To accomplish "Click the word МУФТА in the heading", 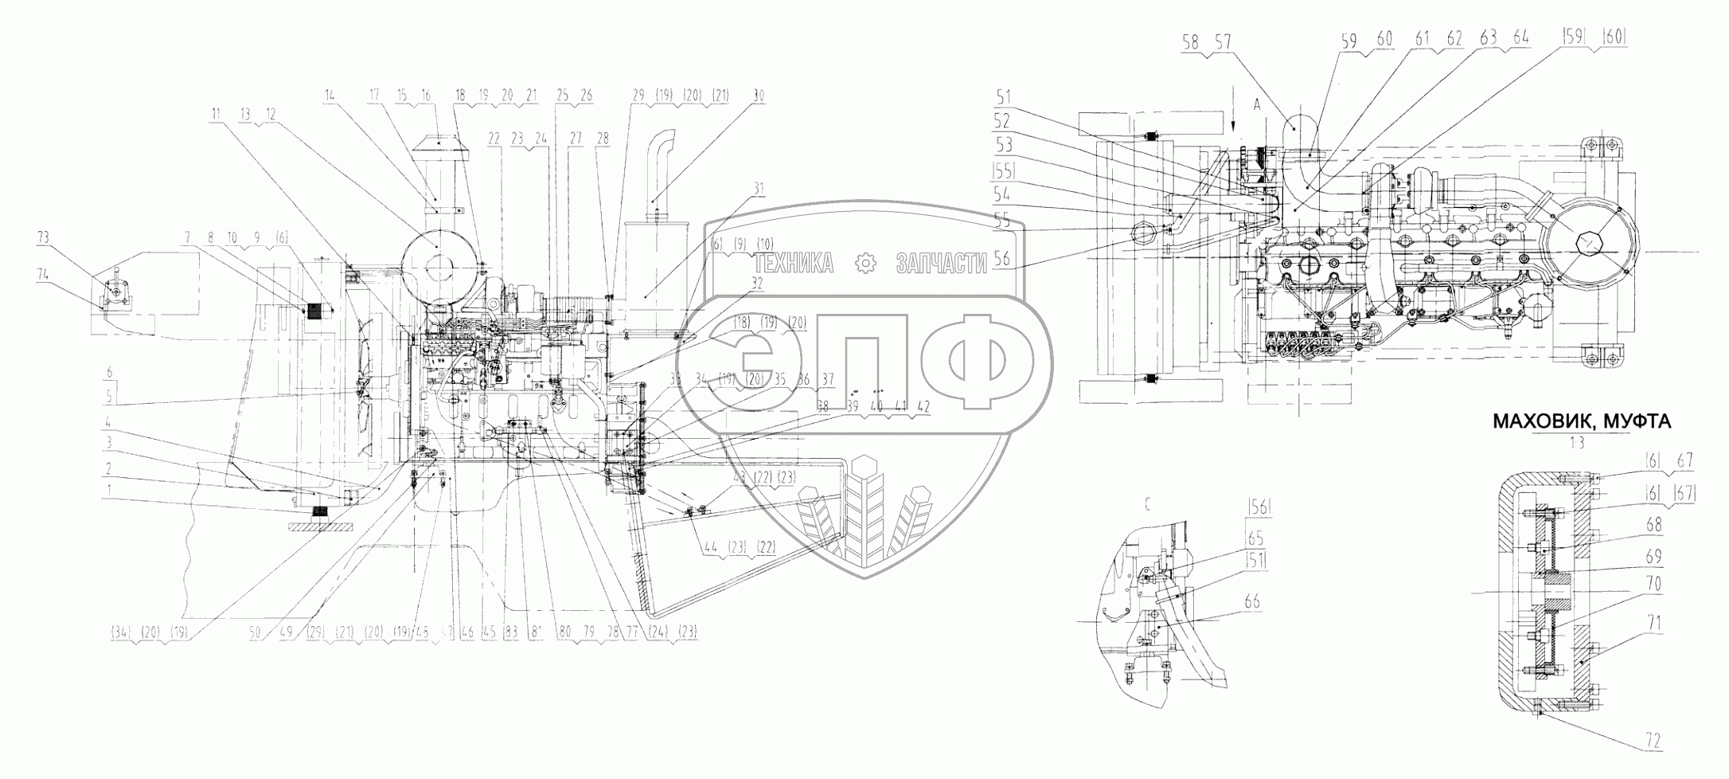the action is [x=1640, y=422].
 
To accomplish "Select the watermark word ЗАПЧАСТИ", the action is [x=941, y=264].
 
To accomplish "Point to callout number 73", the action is [x=43, y=237].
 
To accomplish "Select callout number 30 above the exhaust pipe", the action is [x=759, y=96].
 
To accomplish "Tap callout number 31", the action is [x=759, y=189].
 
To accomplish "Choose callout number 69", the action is [x=1653, y=555].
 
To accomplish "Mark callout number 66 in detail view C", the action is [x=1251, y=601].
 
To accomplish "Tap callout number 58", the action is [x=1191, y=43].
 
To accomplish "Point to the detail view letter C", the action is [x=1147, y=503].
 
